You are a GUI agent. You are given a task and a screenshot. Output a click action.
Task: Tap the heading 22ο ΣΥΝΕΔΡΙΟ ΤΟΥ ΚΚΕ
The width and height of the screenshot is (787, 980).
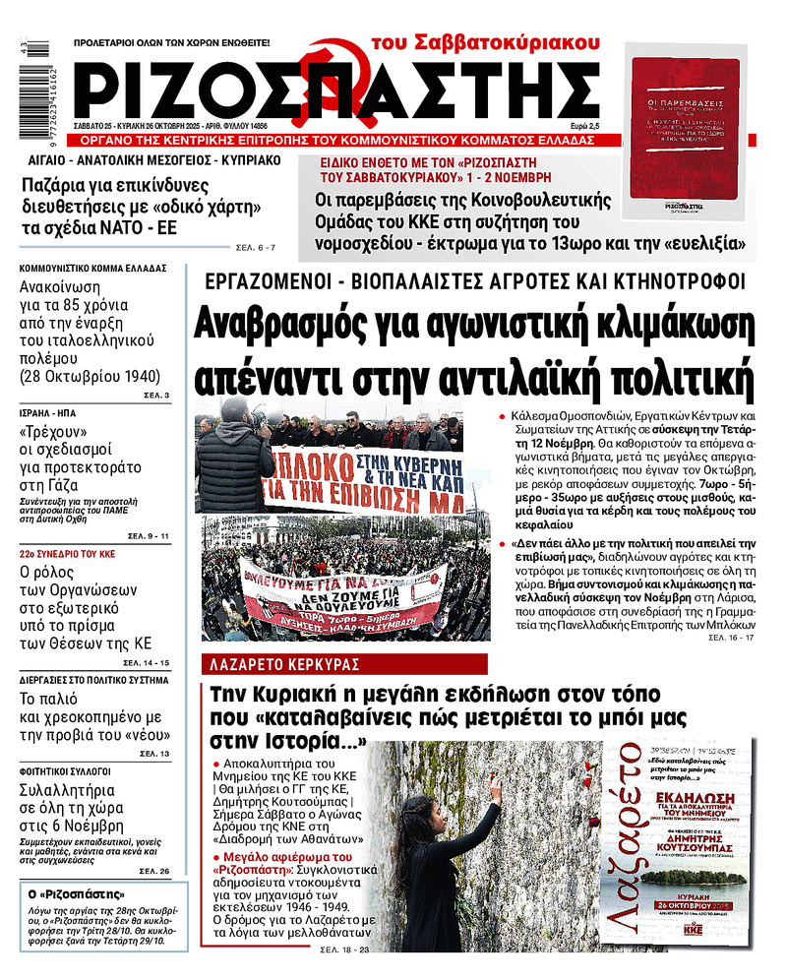click(x=68, y=553)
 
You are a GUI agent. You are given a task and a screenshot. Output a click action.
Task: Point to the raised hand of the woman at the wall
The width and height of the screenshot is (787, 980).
click(x=493, y=788)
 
